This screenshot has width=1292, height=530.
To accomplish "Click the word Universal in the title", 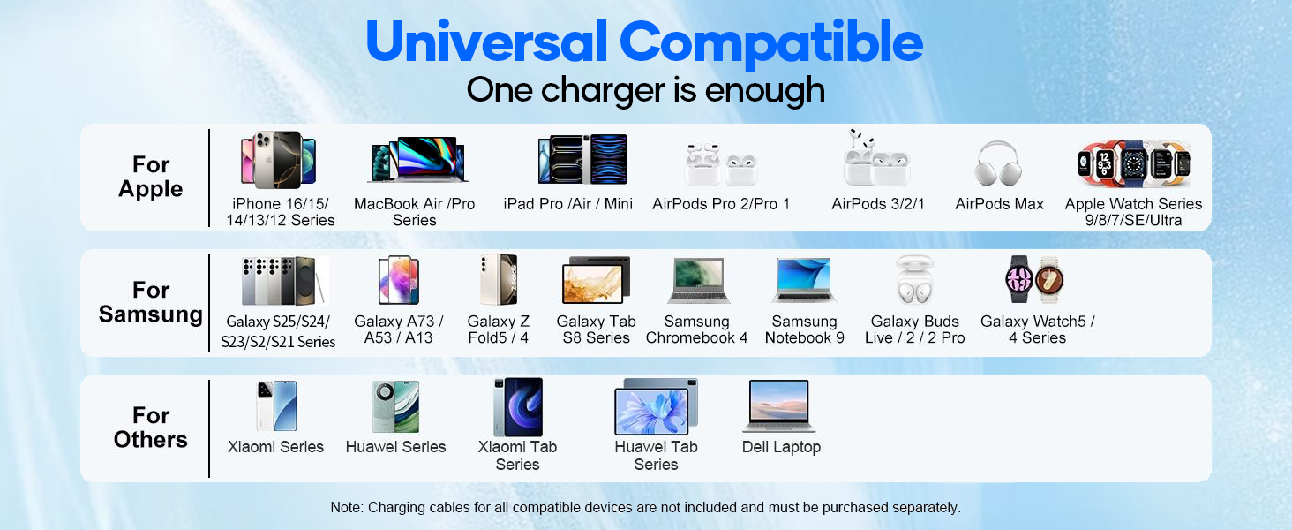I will (484, 42).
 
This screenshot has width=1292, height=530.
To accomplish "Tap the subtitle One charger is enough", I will (645, 90).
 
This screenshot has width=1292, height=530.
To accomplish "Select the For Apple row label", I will (151, 177).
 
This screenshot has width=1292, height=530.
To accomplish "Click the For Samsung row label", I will (151, 302).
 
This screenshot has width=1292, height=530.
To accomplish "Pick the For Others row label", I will (151, 428).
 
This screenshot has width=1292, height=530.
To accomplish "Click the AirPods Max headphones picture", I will (998, 163).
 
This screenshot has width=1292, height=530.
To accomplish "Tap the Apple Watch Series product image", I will (1133, 163).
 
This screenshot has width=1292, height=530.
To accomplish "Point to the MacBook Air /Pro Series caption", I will (414, 212).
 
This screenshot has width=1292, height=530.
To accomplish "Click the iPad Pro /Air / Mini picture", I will (582, 159).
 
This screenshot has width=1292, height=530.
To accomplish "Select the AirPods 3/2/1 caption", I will (878, 204).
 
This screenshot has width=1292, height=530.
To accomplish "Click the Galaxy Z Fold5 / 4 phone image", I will (498, 280).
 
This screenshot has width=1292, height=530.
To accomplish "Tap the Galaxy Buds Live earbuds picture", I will (914, 281).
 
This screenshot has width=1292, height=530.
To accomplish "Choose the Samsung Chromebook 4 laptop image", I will (696, 281).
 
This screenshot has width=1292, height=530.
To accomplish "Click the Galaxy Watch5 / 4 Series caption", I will (1037, 329).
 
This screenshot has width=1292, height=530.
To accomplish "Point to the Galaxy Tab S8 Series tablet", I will (596, 281).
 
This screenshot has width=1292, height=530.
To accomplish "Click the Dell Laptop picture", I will (778, 405).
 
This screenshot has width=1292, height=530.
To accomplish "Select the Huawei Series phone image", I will (395, 406).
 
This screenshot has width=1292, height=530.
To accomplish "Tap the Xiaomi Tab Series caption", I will (517, 455).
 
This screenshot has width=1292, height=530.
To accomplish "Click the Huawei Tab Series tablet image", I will (656, 406).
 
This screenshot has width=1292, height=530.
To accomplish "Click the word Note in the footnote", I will (345, 508).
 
